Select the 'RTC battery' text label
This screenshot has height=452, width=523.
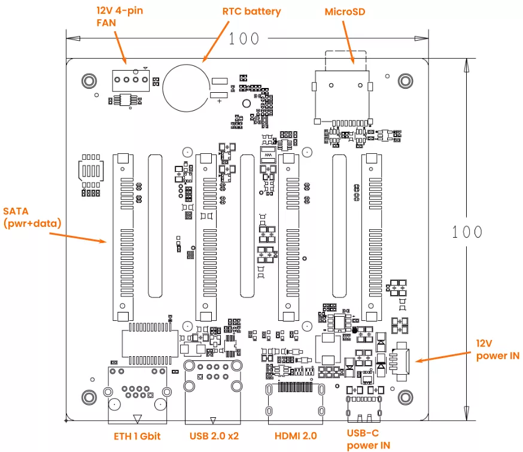click(251, 11)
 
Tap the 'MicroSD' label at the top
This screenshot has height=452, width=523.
click(345, 11)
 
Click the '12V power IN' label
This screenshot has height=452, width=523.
click(497, 349)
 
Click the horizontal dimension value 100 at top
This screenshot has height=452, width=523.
click(244, 38)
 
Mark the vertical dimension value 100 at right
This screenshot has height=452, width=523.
click(467, 232)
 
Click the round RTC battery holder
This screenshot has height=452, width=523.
click(186, 87)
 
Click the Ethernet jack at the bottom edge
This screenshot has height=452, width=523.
click(137, 395)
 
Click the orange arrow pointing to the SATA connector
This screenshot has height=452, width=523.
click(78, 237)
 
